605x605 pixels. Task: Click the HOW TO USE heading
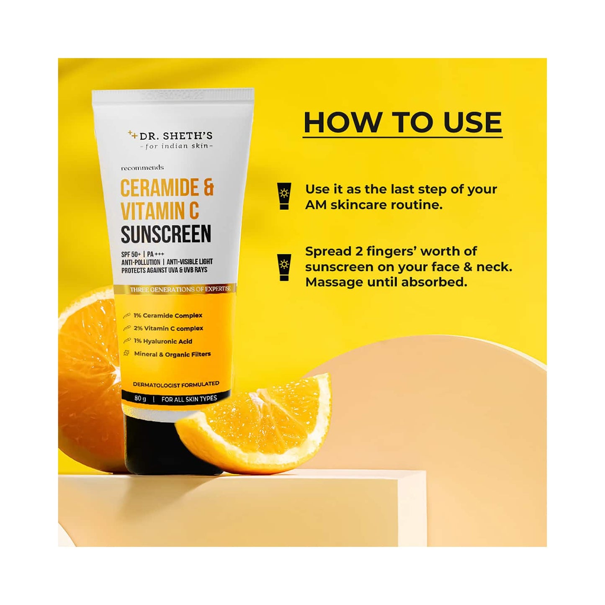[402, 123]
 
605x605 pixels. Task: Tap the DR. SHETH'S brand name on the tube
[176, 136]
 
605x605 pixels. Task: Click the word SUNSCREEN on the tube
[166, 234]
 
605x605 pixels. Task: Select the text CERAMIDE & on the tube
[167, 188]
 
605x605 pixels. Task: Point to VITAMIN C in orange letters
[160, 211]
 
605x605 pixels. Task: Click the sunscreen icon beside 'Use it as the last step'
[284, 196]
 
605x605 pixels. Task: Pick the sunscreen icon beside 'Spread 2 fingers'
[284, 267]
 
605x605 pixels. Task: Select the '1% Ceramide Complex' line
[168, 315]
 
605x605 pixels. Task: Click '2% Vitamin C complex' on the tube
[168, 328]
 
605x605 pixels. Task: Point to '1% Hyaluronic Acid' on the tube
[163, 341]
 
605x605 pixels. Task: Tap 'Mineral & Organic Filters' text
[172, 354]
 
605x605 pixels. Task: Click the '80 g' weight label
[140, 398]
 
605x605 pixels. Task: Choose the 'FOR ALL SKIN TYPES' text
[189, 399]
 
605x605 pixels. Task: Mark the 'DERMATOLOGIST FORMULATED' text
[176, 384]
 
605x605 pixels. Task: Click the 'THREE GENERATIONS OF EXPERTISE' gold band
[180, 289]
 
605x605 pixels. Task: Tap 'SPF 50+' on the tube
[131, 254]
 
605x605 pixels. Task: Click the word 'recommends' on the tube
[142, 168]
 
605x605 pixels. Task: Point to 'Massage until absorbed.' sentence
[386, 282]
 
